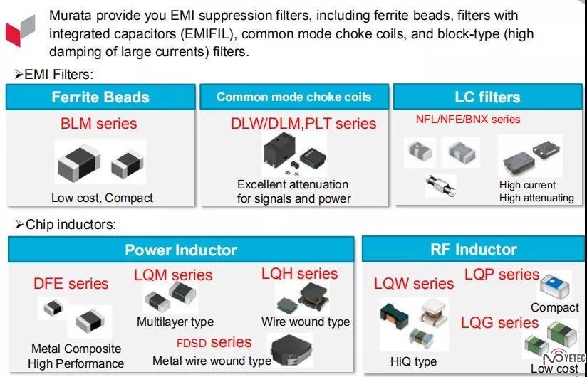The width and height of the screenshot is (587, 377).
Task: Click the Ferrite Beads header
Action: (100, 97)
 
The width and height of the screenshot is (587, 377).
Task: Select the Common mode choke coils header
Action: (294, 97)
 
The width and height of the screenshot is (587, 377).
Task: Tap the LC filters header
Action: (487, 97)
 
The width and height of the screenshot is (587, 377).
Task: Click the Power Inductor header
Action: (181, 250)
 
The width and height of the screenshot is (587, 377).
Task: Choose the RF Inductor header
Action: (474, 249)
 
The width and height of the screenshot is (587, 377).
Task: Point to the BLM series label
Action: (99, 124)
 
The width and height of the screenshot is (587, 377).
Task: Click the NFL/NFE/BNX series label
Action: (468, 120)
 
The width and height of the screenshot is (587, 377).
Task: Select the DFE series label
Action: (71, 284)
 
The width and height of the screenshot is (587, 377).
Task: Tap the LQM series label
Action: (173, 275)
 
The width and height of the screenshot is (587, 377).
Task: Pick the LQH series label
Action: (299, 274)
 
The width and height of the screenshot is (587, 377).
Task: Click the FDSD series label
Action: (214, 342)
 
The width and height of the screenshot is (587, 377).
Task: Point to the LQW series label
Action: (414, 284)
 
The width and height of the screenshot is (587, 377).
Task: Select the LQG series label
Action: (499, 322)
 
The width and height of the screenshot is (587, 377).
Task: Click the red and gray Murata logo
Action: (20, 31)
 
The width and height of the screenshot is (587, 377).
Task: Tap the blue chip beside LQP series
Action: (555, 286)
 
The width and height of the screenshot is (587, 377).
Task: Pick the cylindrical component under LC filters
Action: (441, 186)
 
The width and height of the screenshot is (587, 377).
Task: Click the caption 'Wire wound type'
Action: (306, 322)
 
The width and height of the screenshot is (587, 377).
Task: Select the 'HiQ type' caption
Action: (413, 361)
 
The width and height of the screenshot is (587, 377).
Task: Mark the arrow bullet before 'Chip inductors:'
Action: (19, 225)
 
